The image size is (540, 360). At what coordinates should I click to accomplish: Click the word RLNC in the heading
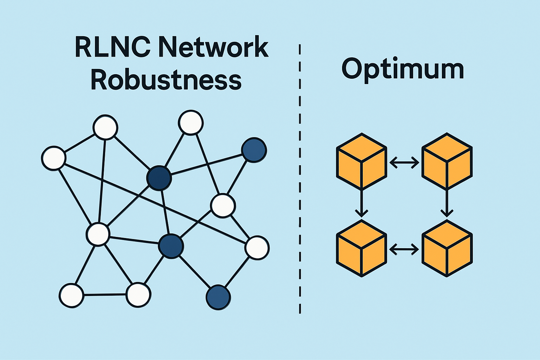[112, 47]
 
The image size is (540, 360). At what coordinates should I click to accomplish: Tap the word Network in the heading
[213, 47]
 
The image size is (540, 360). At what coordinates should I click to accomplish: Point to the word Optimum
[403, 69]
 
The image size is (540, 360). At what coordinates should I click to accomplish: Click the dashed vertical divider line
[300, 179]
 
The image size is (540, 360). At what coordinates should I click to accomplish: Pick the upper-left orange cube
[361, 162]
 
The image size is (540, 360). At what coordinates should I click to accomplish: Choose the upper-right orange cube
[446, 162]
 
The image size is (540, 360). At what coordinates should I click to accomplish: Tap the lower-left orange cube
[361, 249]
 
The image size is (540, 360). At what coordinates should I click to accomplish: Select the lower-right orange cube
[446, 249]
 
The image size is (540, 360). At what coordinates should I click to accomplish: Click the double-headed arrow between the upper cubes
[404, 162]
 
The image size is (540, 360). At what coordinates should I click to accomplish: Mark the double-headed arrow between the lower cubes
[404, 250]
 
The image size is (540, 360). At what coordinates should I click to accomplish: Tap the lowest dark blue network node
[218, 297]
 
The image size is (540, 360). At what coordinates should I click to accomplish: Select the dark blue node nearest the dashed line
[254, 150]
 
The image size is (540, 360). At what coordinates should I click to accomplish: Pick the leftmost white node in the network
[53, 158]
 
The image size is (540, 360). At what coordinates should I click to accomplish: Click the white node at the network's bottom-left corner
[72, 295]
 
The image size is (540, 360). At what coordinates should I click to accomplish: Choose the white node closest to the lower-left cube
[257, 247]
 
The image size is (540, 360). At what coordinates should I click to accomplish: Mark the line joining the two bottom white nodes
[105, 295]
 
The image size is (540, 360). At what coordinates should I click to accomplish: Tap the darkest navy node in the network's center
[159, 178]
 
